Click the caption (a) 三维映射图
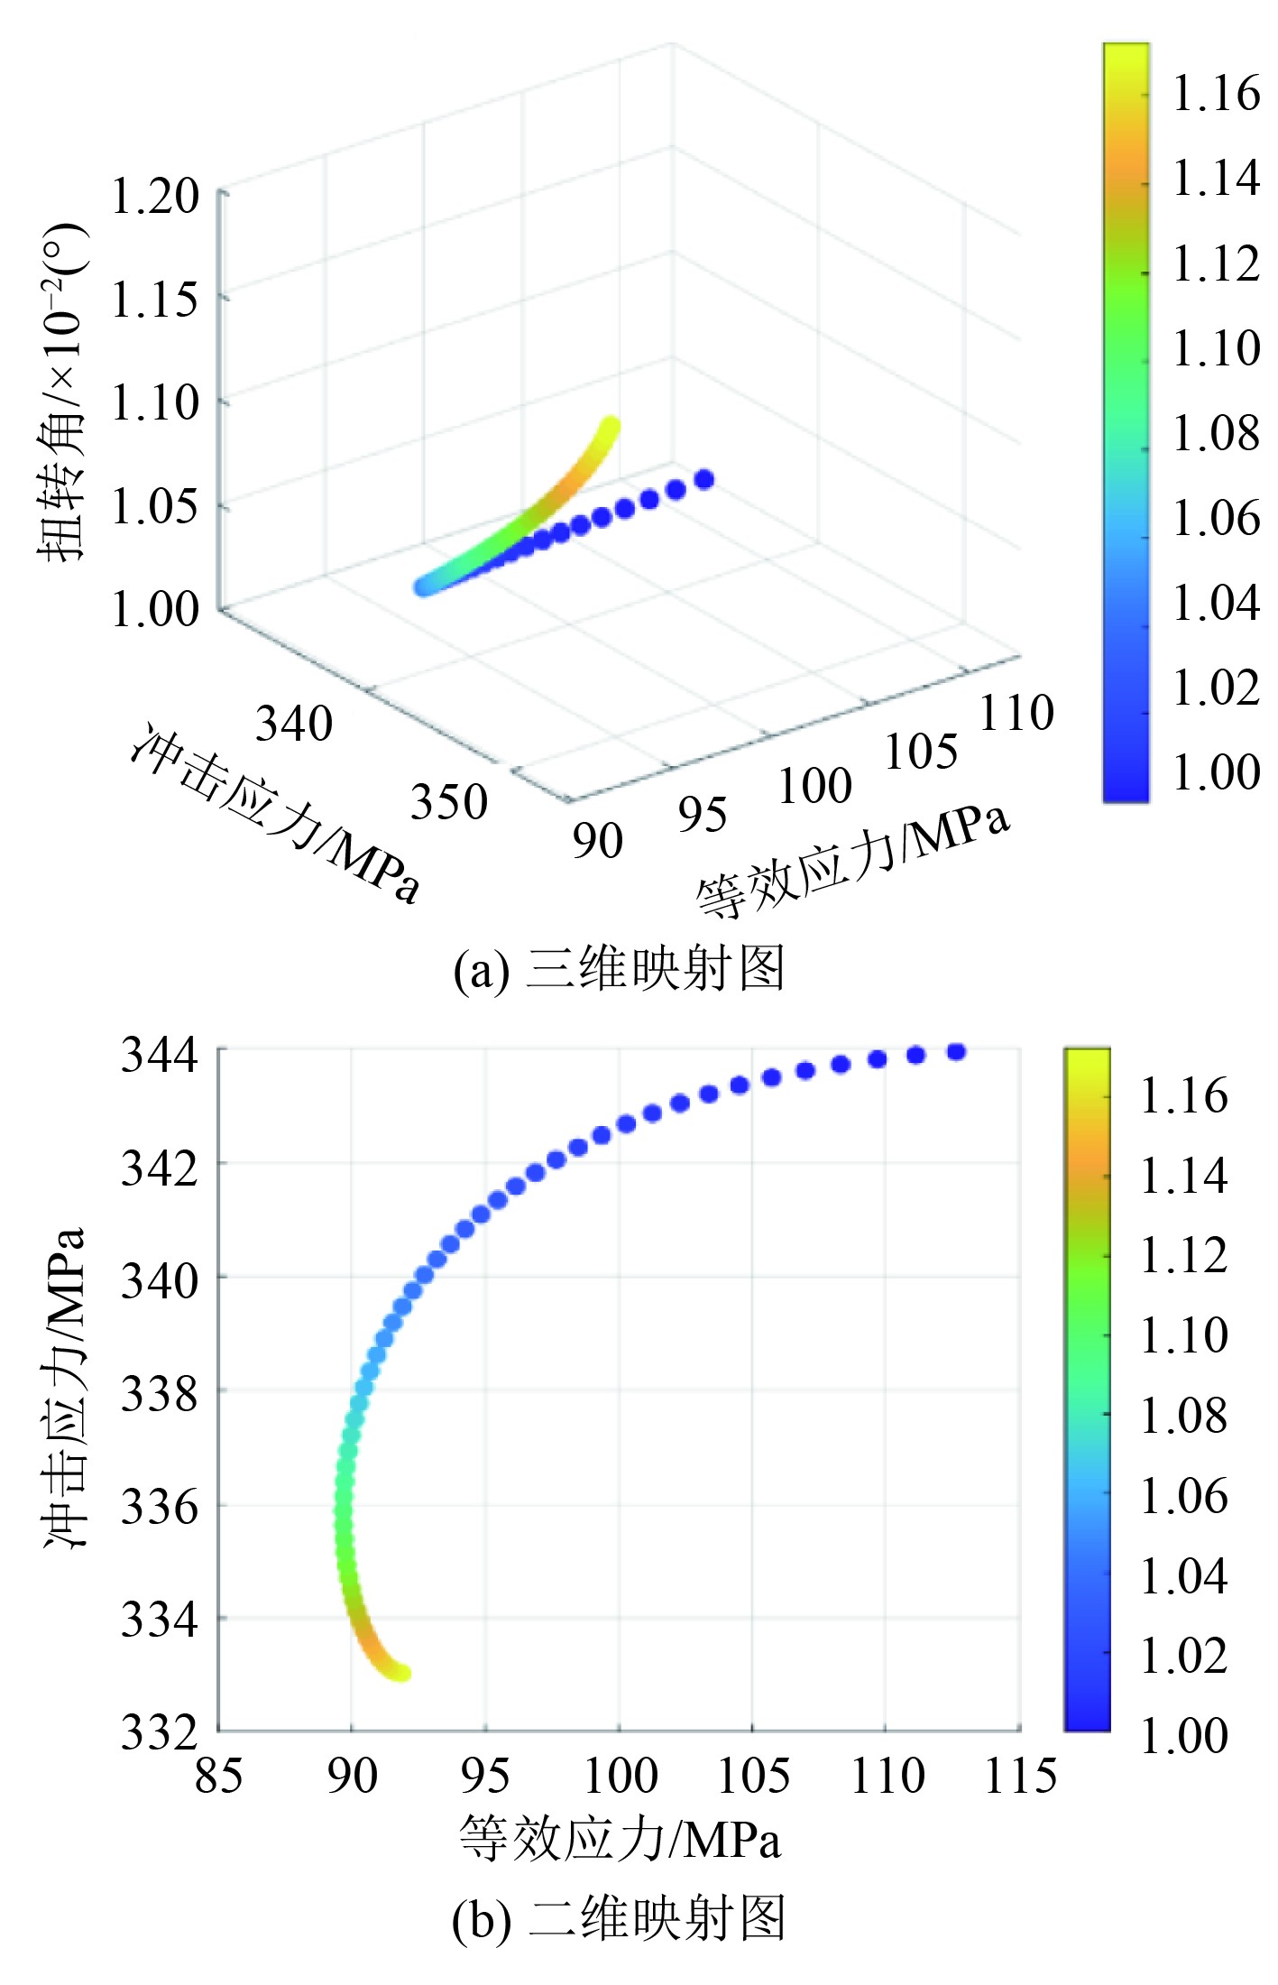pyautogui.click(x=619, y=970)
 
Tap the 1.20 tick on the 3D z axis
pyautogui.click(x=154, y=196)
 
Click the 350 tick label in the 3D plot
pyautogui.click(x=448, y=801)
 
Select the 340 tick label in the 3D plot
pyautogui.click(x=294, y=724)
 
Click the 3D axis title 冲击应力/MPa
pyautogui.click(x=275, y=812)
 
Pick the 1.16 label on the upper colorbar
pyautogui.click(x=1215, y=93)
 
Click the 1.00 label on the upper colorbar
pyautogui.click(x=1215, y=772)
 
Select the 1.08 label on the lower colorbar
pyautogui.click(x=1183, y=1415)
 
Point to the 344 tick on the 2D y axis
pyautogui.click(x=159, y=1054)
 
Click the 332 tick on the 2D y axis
pyautogui.click(x=159, y=1732)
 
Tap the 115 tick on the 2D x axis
pyautogui.click(x=1020, y=1776)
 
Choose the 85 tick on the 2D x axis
pyautogui.click(x=218, y=1776)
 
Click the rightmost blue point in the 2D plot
pyautogui.click(x=956, y=1051)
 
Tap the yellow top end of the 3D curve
pyautogui.click(x=611, y=425)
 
